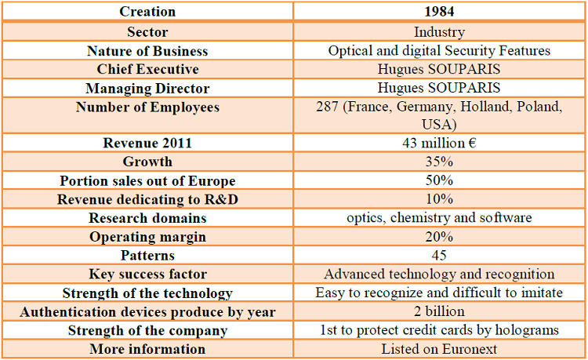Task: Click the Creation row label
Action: pyautogui.click(x=147, y=12)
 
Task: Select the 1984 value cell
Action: pyautogui.click(x=439, y=12)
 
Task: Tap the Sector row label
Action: pyautogui.click(x=147, y=32)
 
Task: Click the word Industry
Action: pyautogui.click(x=439, y=32)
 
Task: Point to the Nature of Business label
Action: pyautogui.click(x=147, y=51)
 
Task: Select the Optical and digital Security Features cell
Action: pyautogui.click(x=439, y=51)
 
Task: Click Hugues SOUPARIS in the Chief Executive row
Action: pyautogui.click(x=439, y=69)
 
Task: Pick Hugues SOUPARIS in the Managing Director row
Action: pyautogui.click(x=439, y=88)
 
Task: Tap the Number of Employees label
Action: pyautogui.click(x=147, y=107)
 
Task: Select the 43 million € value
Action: pyautogui.click(x=439, y=144)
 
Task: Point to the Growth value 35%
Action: pyautogui.click(x=439, y=162)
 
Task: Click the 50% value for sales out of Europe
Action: pyautogui.click(x=439, y=181)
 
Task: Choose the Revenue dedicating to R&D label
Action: pyautogui.click(x=147, y=199)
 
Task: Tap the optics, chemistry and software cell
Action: pyautogui.click(x=439, y=218)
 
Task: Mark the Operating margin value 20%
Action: pyautogui.click(x=439, y=237)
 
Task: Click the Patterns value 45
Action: pyautogui.click(x=439, y=256)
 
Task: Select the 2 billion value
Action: pyautogui.click(x=439, y=311)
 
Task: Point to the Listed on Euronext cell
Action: pyautogui.click(x=439, y=349)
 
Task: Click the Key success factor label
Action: pyautogui.click(x=147, y=275)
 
